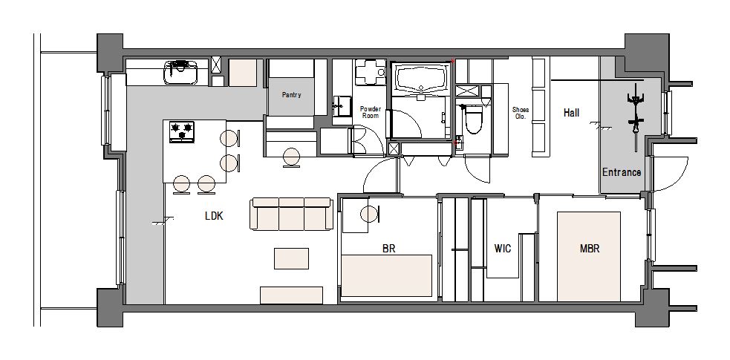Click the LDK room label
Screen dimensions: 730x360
point(214,216)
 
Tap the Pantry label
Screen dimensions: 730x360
point(291,95)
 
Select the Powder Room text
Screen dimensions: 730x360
point(371,112)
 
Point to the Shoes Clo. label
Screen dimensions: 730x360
point(521,113)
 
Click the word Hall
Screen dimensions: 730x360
point(571,113)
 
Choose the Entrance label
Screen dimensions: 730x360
point(622,172)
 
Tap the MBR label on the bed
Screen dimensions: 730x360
point(590,249)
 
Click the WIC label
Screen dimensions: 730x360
point(502,249)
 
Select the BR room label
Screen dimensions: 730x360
point(388,249)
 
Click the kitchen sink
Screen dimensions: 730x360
point(180,73)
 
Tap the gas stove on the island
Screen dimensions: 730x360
point(181,131)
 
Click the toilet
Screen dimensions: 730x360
point(473,119)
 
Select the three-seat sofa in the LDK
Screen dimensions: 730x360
point(292,214)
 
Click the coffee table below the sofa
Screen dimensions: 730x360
point(291,258)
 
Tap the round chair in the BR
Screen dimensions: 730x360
point(370,215)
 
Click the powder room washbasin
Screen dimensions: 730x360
point(342,106)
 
